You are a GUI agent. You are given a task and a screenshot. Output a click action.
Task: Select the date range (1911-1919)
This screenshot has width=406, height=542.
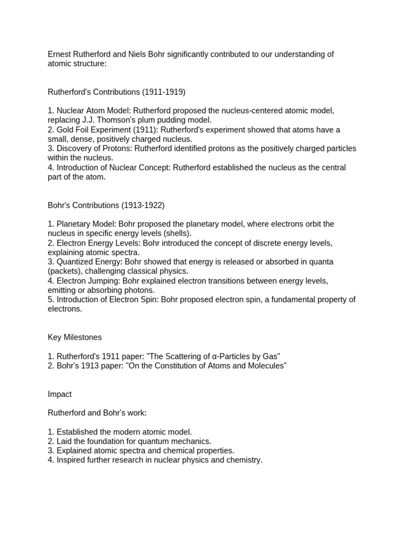coord(163,92)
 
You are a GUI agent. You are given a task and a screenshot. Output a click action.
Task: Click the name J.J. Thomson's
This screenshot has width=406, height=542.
coord(109,120)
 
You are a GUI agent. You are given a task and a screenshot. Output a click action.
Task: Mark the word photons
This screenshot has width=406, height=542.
coord(139,290)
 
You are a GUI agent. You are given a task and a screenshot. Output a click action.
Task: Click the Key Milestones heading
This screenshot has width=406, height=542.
coord(75,337)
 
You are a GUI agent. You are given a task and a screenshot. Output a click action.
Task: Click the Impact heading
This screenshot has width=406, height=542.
coord(60,394)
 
